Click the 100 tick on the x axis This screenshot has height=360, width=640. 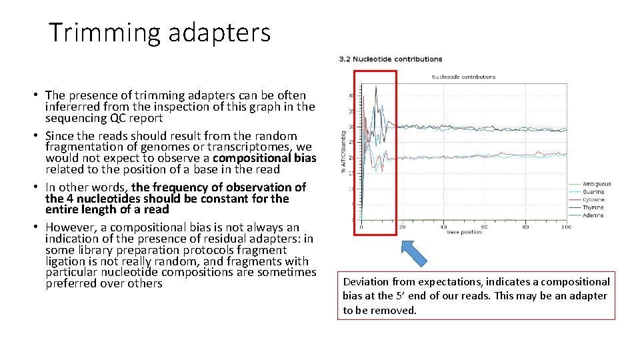pos(566,227)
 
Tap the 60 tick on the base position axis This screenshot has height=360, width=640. pos(484,227)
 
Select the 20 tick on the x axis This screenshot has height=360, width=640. pos(402,227)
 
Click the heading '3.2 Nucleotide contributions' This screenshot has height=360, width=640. pos(391,59)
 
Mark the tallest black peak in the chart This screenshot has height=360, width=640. pos(377,87)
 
